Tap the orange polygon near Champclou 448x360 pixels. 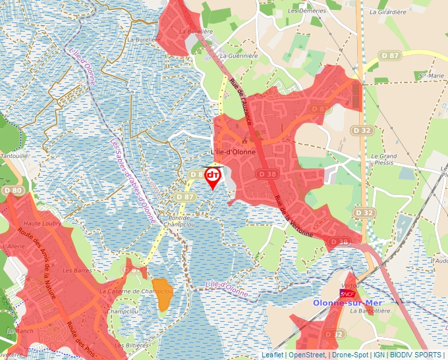pos(162,293)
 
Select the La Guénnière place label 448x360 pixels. pos(237,57)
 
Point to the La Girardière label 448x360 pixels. pos(387,12)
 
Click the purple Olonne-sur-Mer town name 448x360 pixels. pos(348,303)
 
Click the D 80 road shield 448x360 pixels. pos(13,190)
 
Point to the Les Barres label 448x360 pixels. pos(76,270)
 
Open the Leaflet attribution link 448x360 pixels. pos(272,355)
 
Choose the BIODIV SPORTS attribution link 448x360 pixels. pos(416,355)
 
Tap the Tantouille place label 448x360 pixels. pos(14,155)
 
